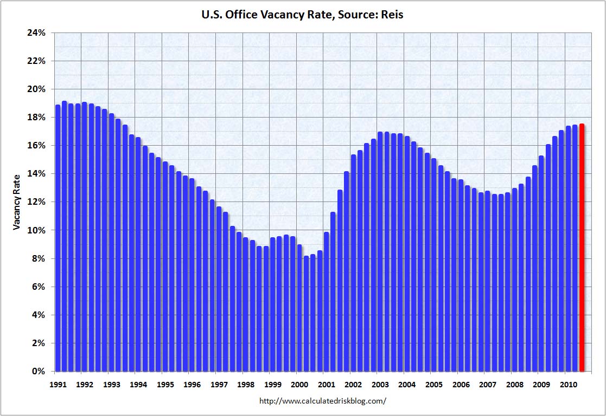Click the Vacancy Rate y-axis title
(17, 201)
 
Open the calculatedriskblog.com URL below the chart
(323, 401)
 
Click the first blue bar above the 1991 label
(58, 238)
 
